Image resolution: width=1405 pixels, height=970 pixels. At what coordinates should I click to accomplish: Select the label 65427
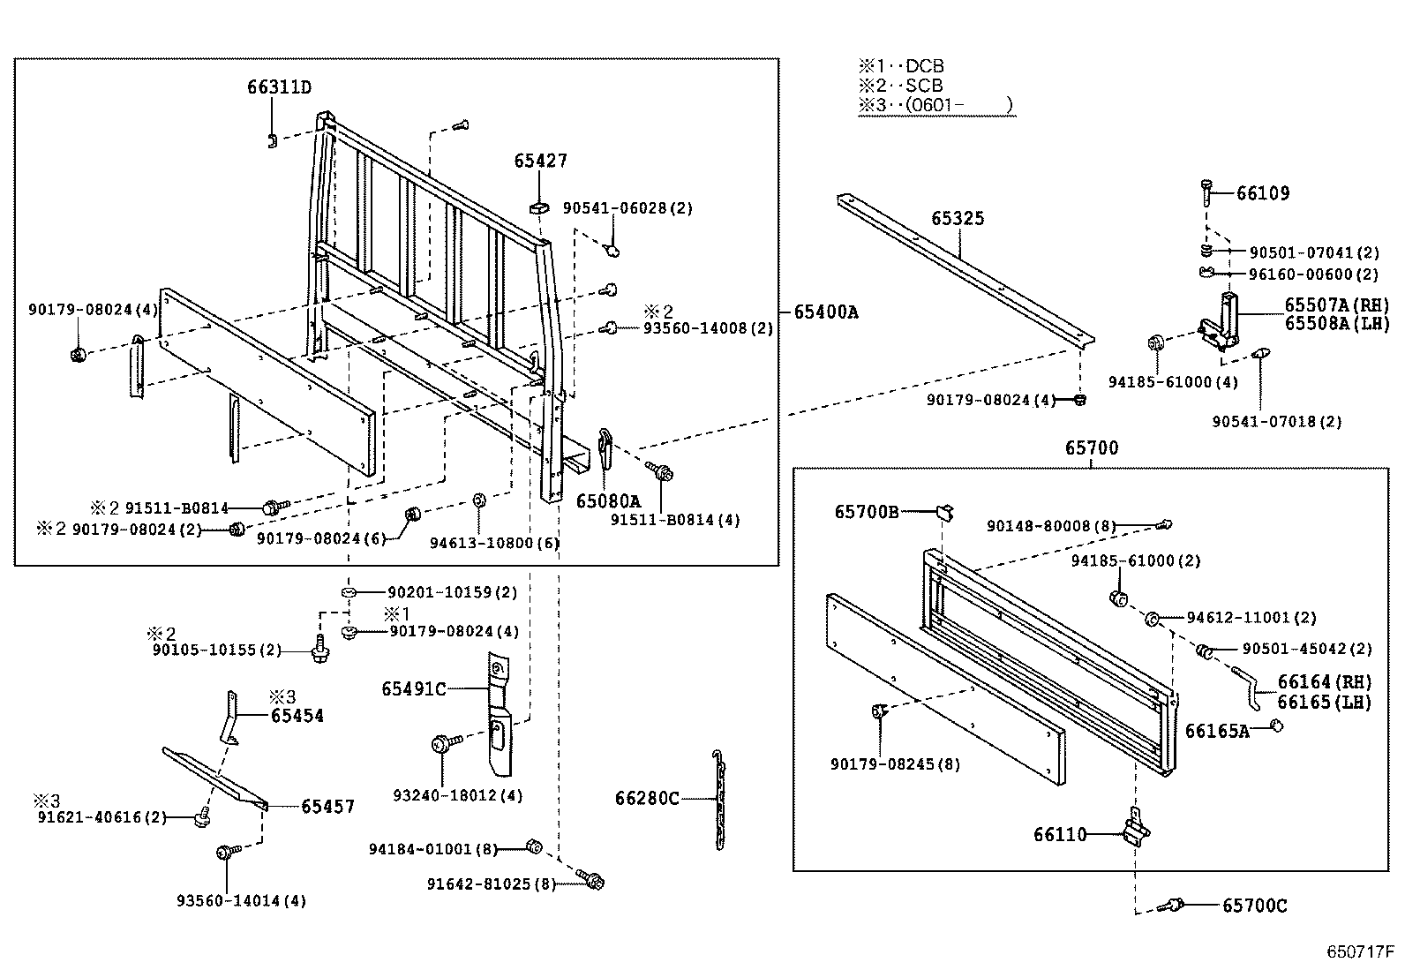[x=540, y=161]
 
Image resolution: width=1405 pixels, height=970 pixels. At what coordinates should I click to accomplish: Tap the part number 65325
[x=958, y=218]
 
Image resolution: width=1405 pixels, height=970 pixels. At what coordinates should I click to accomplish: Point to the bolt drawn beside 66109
[x=1206, y=192]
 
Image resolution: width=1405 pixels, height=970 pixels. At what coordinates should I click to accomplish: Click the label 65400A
[x=825, y=312]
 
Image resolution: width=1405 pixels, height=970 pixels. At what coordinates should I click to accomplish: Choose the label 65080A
[x=608, y=501]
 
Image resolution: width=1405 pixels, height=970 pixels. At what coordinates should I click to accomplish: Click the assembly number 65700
[x=1091, y=448]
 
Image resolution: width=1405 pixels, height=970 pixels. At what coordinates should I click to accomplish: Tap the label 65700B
[x=867, y=511]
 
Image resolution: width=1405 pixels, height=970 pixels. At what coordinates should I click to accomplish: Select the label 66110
[x=1060, y=834]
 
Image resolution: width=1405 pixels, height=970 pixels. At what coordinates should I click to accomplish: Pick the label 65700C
[x=1254, y=906]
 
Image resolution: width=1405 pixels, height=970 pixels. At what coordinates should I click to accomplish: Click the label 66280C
[x=647, y=799]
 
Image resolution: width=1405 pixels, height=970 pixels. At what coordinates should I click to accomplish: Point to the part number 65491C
[x=414, y=688]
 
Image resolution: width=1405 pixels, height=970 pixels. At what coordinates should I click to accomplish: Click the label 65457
[x=327, y=806]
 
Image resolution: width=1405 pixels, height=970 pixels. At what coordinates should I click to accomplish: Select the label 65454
[x=297, y=716]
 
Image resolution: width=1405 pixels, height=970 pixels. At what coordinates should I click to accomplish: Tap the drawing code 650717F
[x=1360, y=952]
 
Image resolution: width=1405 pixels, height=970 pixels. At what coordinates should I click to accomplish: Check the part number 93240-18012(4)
[x=457, y=795]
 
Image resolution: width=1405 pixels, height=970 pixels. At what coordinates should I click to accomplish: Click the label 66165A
[x=1216, y=731]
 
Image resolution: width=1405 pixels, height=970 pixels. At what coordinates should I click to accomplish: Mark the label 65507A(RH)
[x=1336, y=305]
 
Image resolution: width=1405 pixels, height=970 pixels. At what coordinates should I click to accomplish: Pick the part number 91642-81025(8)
[x=491, y=884]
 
